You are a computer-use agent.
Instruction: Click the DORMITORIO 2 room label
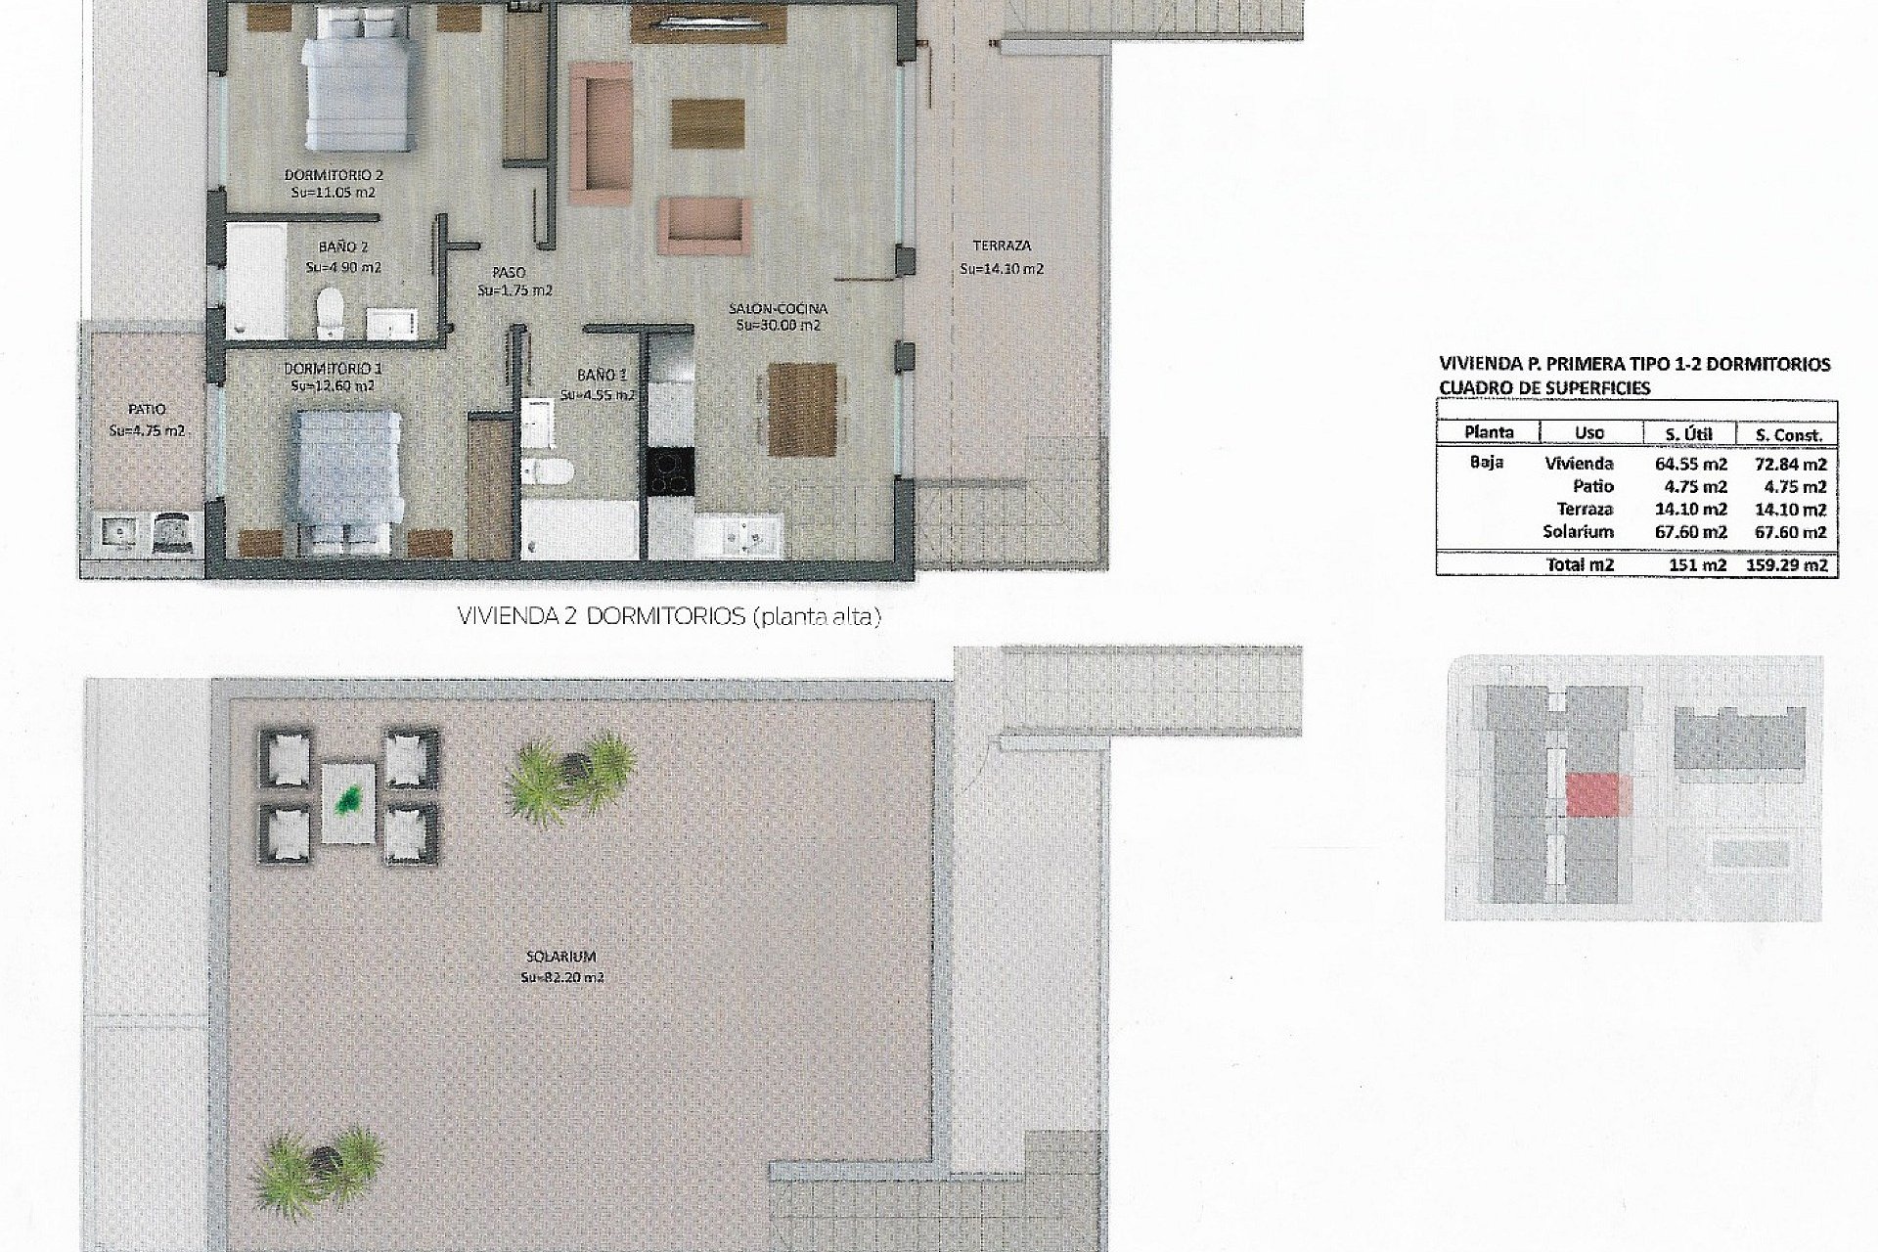click(333, 175)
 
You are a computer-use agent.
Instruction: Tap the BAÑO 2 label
click(342, 248)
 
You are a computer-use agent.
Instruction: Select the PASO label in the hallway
click(509, 273)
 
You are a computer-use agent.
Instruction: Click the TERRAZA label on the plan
click(1002, 246)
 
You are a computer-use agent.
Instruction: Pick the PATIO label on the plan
click(147, 410)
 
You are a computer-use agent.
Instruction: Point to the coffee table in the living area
click(706, 122)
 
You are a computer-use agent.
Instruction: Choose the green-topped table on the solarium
click(347, 801)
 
